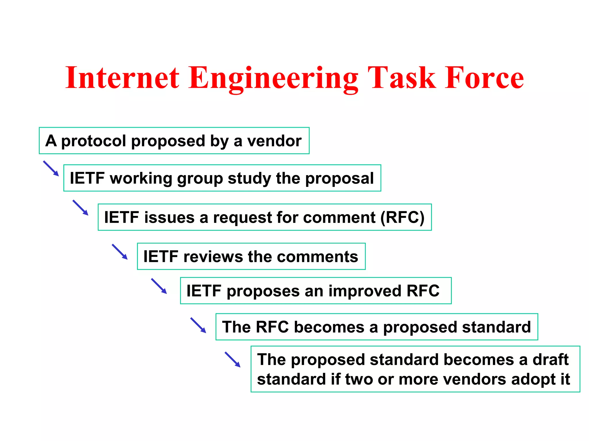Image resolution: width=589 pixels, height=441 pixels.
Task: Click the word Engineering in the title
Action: pyautogui.click(x=273, y=78)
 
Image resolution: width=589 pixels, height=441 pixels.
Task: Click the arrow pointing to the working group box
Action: pyautogui.click(x=51, y=169)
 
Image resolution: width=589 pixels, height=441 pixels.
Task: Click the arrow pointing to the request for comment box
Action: pyautogui.click(x=81, y=208)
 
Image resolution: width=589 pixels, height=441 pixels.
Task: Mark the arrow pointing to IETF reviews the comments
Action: pyautogui.click(x=120, y=252)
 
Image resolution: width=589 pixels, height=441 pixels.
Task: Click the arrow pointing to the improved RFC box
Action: pyautogui.click(x=159, y=286)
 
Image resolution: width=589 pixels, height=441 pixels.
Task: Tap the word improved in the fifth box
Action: pyautogui.click(x=365, y=291)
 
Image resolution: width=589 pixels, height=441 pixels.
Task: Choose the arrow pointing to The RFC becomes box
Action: pyautogui.click(x=198, y=325)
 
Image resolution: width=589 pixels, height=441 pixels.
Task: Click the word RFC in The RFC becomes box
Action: pyautogui.click(x=272, y=327)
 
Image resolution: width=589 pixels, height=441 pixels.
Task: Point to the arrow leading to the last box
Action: pyautogui.click(x=233, y=359)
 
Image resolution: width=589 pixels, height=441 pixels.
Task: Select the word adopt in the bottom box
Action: pyautogui.click(x=533, y=379)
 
